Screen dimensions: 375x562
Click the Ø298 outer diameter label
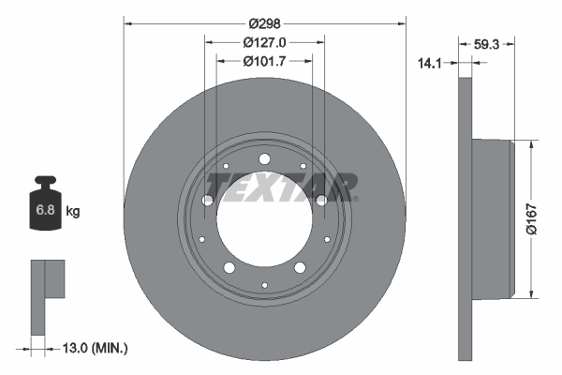tap(264, 23)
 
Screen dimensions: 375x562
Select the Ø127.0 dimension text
tap(264, 42)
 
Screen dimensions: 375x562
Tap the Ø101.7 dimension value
tap(264, 61)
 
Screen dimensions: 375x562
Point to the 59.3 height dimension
tap(486, 42)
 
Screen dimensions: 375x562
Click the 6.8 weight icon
tap(45, 210)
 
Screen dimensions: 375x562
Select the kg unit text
tap(73, 212)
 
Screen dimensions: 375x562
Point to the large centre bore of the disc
tap(264, 221)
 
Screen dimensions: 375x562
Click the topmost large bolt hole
tap(264, 158)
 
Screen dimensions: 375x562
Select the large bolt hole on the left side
tap(207, 200)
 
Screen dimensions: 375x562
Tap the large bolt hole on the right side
tap(321, 200)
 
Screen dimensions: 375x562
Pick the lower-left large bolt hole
tap(229, 268)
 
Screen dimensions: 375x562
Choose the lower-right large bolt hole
tap(300, 268)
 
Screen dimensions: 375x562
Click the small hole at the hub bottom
tap(264, 284)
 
